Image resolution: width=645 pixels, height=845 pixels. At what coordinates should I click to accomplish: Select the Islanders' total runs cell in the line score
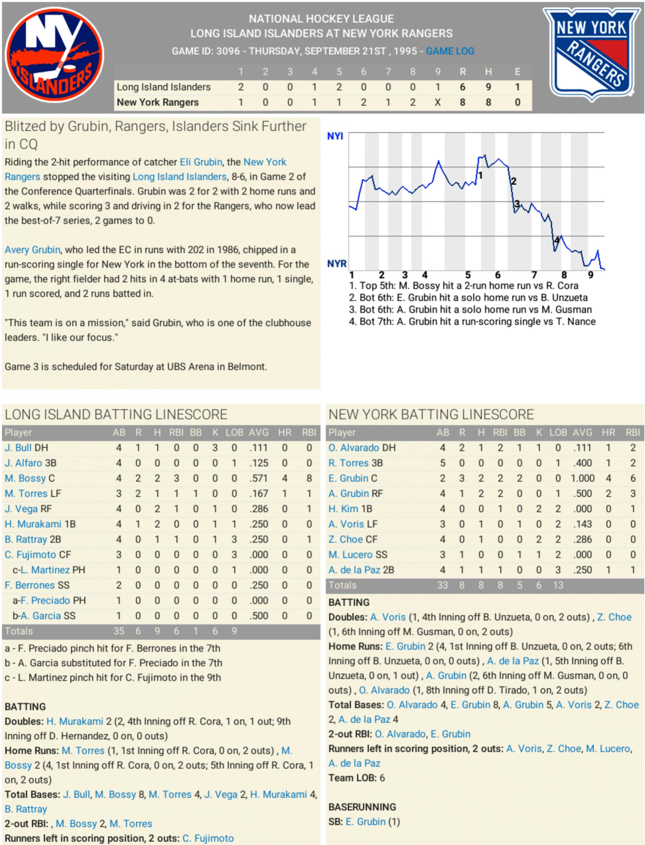tap(463, 87)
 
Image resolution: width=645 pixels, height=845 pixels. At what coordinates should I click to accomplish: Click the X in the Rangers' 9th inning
tap(438, 103)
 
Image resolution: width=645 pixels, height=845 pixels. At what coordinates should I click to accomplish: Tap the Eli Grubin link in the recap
tap(201, 162)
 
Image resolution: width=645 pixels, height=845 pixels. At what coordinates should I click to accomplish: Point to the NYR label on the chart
tap(337, 264)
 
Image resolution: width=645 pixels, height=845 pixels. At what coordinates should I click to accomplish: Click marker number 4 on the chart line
tap(557, 240)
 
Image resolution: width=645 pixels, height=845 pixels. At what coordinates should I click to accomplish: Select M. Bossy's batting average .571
tap(258, 478)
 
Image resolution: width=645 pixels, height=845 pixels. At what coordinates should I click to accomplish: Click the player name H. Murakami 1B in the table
tap(40, 524)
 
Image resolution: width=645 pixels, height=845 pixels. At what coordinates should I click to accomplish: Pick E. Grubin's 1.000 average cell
tap(582, 478)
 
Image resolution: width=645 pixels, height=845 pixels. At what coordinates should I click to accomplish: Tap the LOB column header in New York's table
tap(558, 433)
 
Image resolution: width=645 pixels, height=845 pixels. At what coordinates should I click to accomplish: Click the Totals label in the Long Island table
tap(19, 631)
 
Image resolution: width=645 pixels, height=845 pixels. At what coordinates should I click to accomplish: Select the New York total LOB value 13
tap(558, 585)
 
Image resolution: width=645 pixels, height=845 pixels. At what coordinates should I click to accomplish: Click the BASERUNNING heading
tap(362, 807)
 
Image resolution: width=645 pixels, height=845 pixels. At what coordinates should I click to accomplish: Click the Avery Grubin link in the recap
tap(33, 250)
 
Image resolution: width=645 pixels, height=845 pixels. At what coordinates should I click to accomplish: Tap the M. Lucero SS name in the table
tap(358, 555)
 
